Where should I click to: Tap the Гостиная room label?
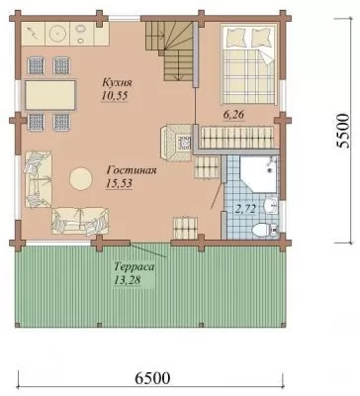[132, 170]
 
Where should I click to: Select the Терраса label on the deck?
[135, 266]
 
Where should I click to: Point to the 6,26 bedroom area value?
[233, 115]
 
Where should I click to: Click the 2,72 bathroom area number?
[245, 209]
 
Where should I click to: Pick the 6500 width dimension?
[152, 378]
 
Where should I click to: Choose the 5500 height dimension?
[342, 131]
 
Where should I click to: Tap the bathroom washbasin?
[272, 206]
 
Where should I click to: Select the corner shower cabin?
[258, 174]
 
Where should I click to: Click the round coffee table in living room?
[80, 178]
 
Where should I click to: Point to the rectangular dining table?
[50, 95]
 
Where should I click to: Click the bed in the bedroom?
[248, 65]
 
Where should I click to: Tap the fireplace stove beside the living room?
[176, 143]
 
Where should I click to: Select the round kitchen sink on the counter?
[57, 33]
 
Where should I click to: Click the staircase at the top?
[171, 49]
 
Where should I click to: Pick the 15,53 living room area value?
[119, 183]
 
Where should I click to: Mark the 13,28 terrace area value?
[128, 280]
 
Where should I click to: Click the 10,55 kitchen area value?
[115, 96]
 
